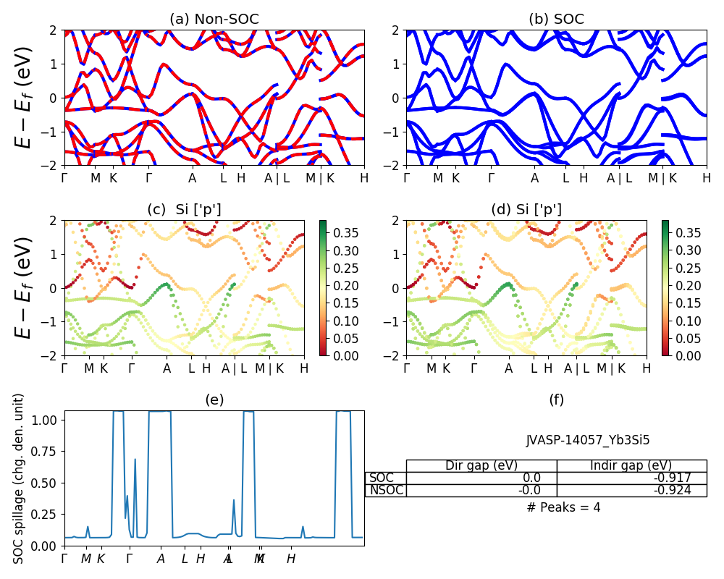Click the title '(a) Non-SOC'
214,20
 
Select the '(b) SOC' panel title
556,20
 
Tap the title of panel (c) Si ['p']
185,210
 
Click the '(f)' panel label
556,400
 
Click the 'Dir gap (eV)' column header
481,465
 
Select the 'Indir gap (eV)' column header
631,465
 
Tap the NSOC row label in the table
386,490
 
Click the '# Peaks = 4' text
564,507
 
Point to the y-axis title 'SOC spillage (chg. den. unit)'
20,478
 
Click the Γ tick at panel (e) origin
64,559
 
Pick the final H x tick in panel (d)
646,368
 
